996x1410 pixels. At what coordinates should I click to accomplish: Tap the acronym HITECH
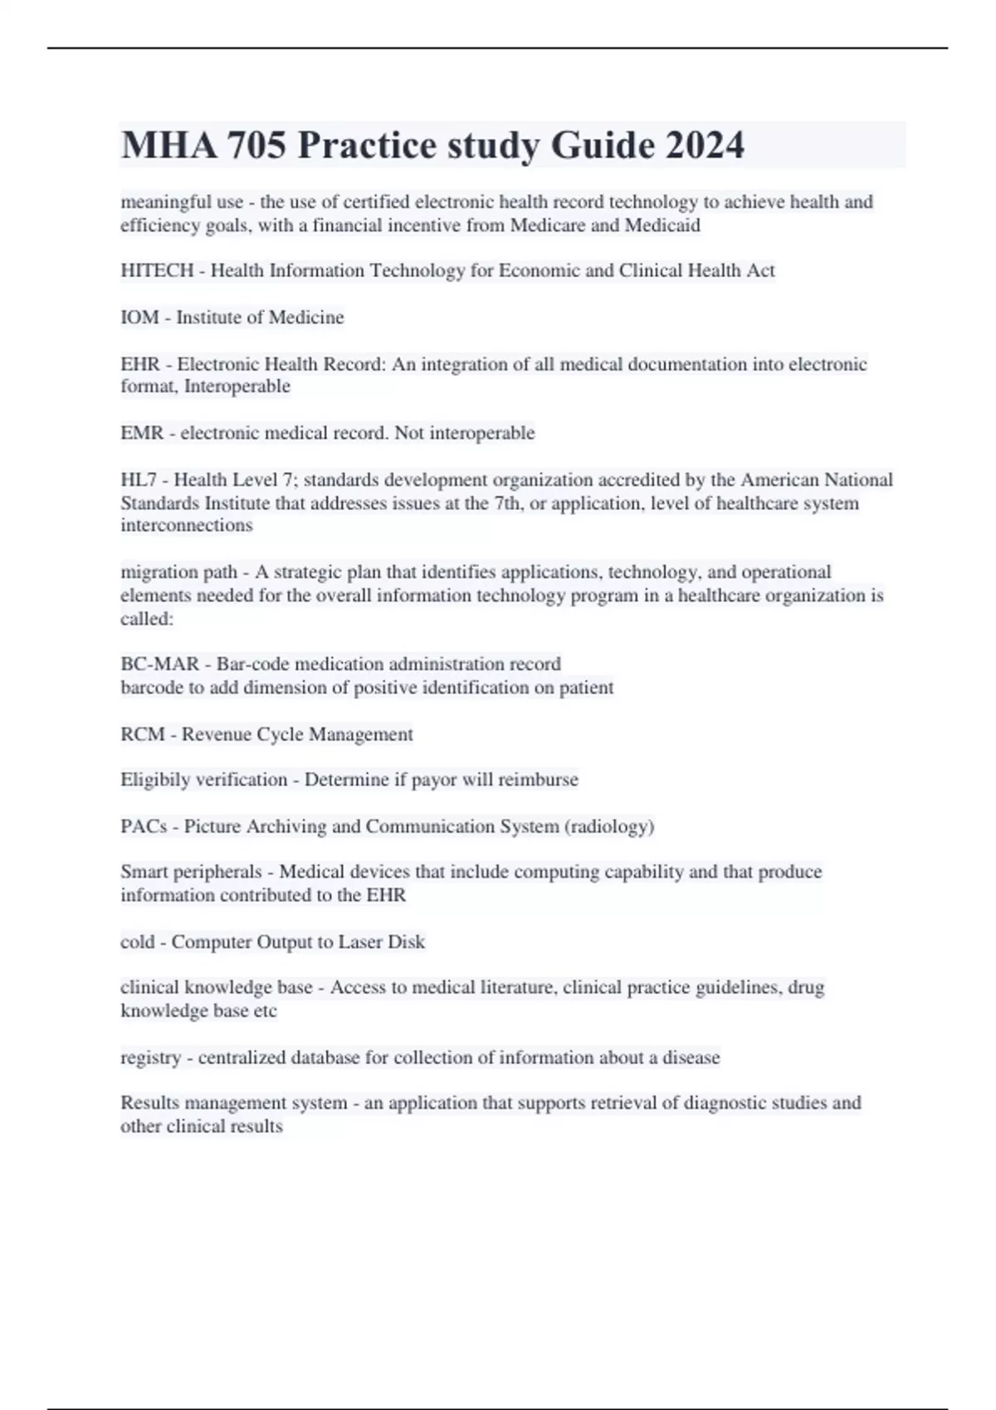tap(156, 270)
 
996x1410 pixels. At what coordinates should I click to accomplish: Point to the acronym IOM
tap(139, 317)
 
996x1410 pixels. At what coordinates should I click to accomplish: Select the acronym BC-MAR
tap(159, 664)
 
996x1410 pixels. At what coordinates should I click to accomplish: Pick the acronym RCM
tap(142, 734)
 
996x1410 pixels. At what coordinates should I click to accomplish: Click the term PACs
tap(143, 826)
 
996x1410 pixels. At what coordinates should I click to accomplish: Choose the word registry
tap(150, 1057)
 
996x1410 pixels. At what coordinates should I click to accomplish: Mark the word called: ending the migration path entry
tap(147, 619)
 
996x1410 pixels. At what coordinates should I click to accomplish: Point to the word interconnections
tap(186, 525)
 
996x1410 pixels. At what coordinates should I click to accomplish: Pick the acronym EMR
tap(142, 433)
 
